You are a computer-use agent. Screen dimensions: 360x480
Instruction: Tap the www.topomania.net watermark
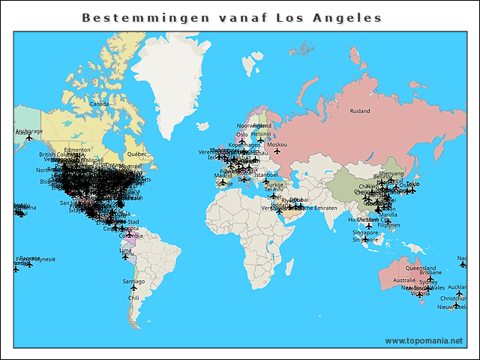tap(424, 340)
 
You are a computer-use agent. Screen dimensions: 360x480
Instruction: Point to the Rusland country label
tap(360, 111)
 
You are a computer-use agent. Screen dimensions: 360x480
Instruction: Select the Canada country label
tap(99, 103)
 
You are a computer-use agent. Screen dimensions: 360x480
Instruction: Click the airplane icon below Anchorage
tap(29, 138)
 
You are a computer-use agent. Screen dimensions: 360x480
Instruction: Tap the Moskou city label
tap(277, 144)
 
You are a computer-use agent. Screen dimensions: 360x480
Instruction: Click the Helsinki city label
tap(261, 133)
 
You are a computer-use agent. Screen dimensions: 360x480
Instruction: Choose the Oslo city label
tap(241, 135)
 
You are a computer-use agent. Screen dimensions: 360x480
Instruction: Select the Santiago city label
tap(133, 281)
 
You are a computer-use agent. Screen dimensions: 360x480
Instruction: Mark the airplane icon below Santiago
tap(133, 288)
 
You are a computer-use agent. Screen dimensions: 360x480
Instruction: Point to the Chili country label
tap(133, 298)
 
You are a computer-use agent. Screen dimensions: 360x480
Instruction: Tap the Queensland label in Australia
tap(420, 268)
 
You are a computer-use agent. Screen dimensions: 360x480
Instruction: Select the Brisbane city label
tap(430, 273)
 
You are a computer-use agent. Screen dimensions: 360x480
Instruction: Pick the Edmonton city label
tap(77, 150)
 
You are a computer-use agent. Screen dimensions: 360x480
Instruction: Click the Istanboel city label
tap(265, 175)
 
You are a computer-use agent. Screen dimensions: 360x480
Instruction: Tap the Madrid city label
tap(223, 175)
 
